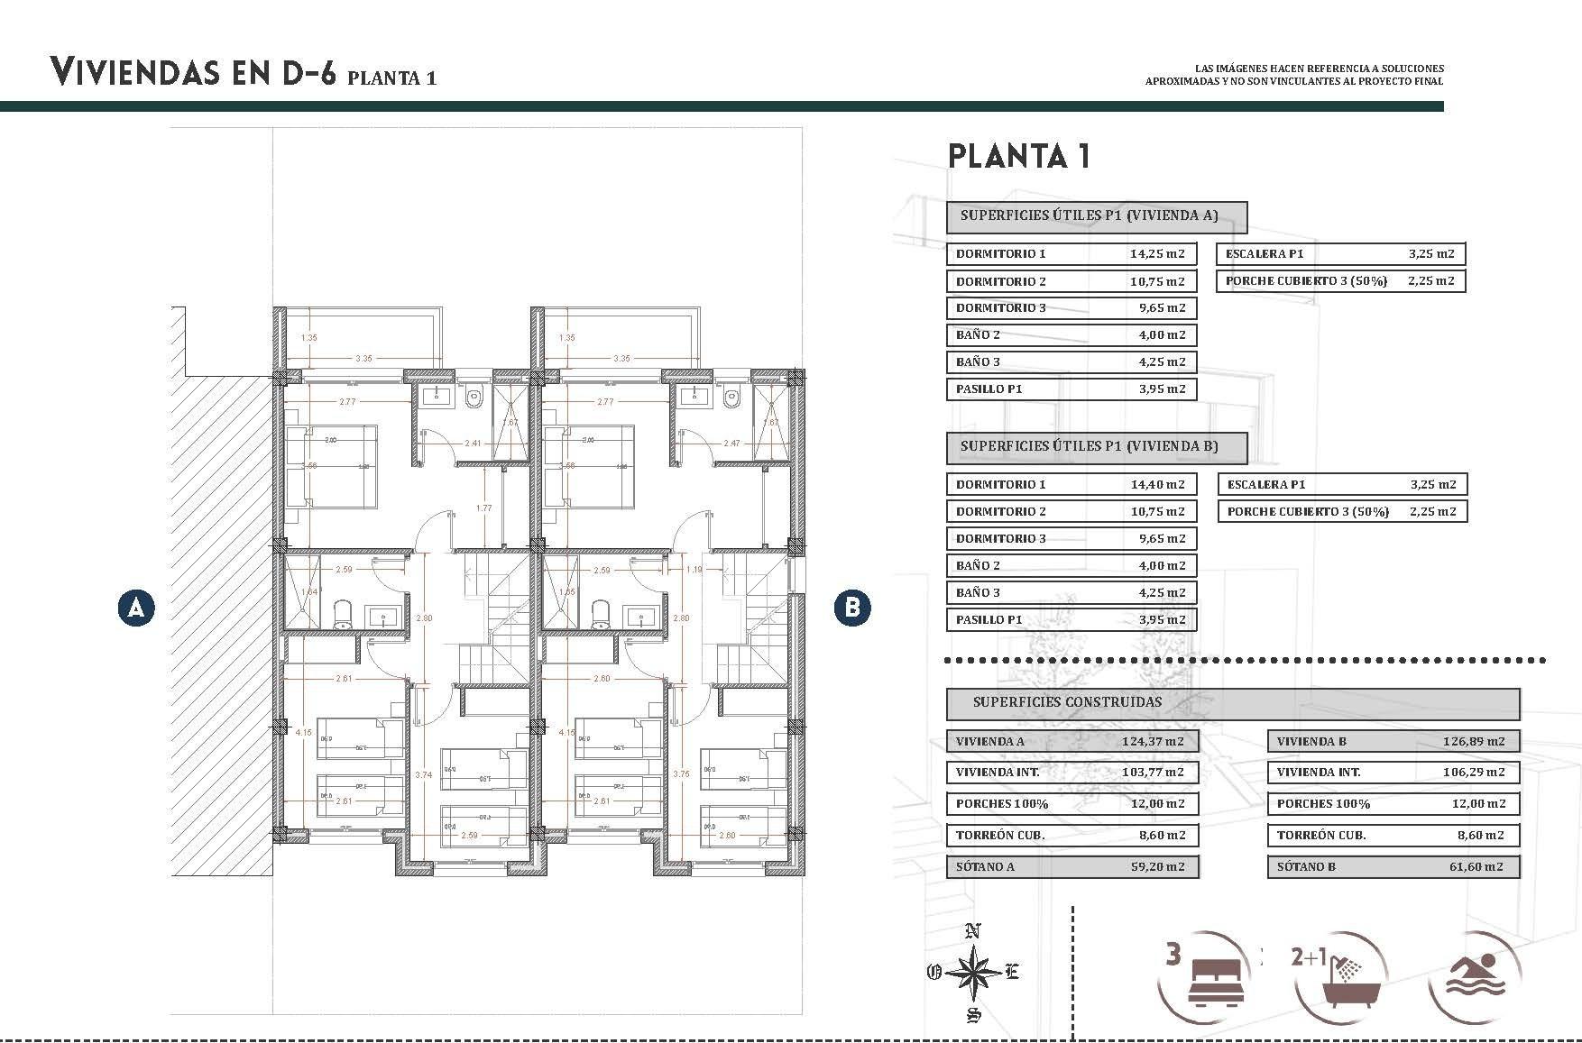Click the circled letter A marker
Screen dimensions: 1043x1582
136,608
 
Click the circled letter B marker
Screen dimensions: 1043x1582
852,608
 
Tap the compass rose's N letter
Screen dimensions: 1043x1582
972,931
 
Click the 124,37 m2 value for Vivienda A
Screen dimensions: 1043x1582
1157,742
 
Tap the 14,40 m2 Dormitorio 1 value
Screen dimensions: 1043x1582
1157,484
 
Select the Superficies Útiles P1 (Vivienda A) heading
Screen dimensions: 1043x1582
1089,215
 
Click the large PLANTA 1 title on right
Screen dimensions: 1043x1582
1019,156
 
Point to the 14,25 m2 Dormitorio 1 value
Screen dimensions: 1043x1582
1157,253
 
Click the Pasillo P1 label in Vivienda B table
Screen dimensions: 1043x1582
989,619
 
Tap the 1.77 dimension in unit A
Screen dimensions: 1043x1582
484,508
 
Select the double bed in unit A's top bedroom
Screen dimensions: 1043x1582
331,466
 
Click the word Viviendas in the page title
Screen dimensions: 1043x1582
137,71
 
